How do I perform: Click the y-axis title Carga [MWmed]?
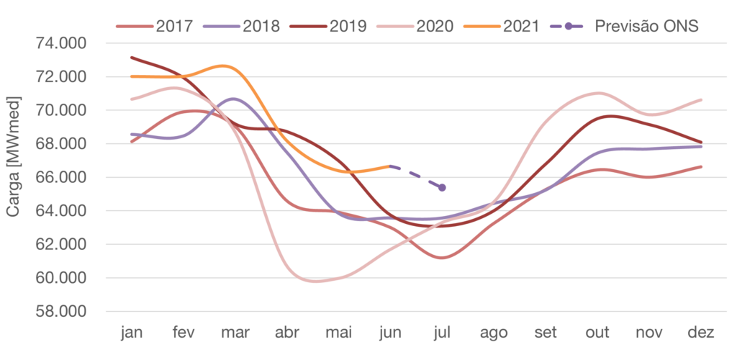tap(12, 160)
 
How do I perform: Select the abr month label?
tap(287, 333)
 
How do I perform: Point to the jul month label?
tap(442, 333)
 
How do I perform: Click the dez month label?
tap(700, 333)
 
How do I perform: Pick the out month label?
tap(597, 333)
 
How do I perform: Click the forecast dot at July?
tap(442, 188)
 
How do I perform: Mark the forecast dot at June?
tap(390, 166)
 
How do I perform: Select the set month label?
tap(545, 333)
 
